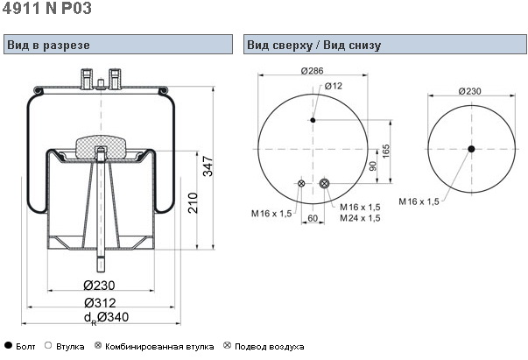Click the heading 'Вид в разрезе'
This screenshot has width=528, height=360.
(x=48, y=45)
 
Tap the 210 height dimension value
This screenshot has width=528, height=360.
(x=192, y=204)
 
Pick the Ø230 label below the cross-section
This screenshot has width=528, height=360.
(x=102, y=285)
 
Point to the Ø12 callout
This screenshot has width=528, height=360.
(x=334, y=86)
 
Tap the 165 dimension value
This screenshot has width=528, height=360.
(x=386, y=150)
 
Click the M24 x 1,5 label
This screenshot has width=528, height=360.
(x=359, y=217)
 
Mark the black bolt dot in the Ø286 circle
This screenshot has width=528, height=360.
(x=313, y=120)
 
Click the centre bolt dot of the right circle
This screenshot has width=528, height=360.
(x=470, y=149)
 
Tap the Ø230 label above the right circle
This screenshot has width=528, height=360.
(x=470, y=92)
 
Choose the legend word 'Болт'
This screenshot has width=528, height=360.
(x=27, y=347)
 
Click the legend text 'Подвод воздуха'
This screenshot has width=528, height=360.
(x=270, y=347)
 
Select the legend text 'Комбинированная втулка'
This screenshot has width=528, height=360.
(x=159, y=347)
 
